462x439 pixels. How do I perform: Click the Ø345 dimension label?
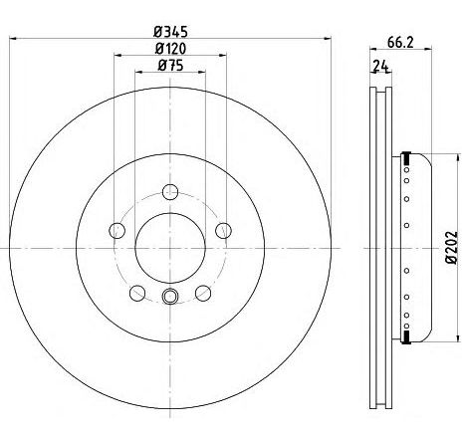(x=170, y=32)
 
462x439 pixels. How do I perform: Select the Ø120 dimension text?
(x=170, y=49)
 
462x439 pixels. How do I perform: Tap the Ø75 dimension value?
(x=170, y=65)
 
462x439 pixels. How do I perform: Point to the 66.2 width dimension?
(x=400, y=42)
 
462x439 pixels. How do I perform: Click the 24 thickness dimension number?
(x=380, y=66)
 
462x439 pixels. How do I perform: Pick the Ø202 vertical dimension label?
(x=451, y=247)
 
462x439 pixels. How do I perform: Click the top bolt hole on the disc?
(x=170, y=192)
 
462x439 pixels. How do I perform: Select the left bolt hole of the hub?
(x=117, y=230)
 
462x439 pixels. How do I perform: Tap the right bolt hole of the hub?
(x=223, y=230)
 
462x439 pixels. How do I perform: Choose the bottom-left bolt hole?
(x=137, y=293)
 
